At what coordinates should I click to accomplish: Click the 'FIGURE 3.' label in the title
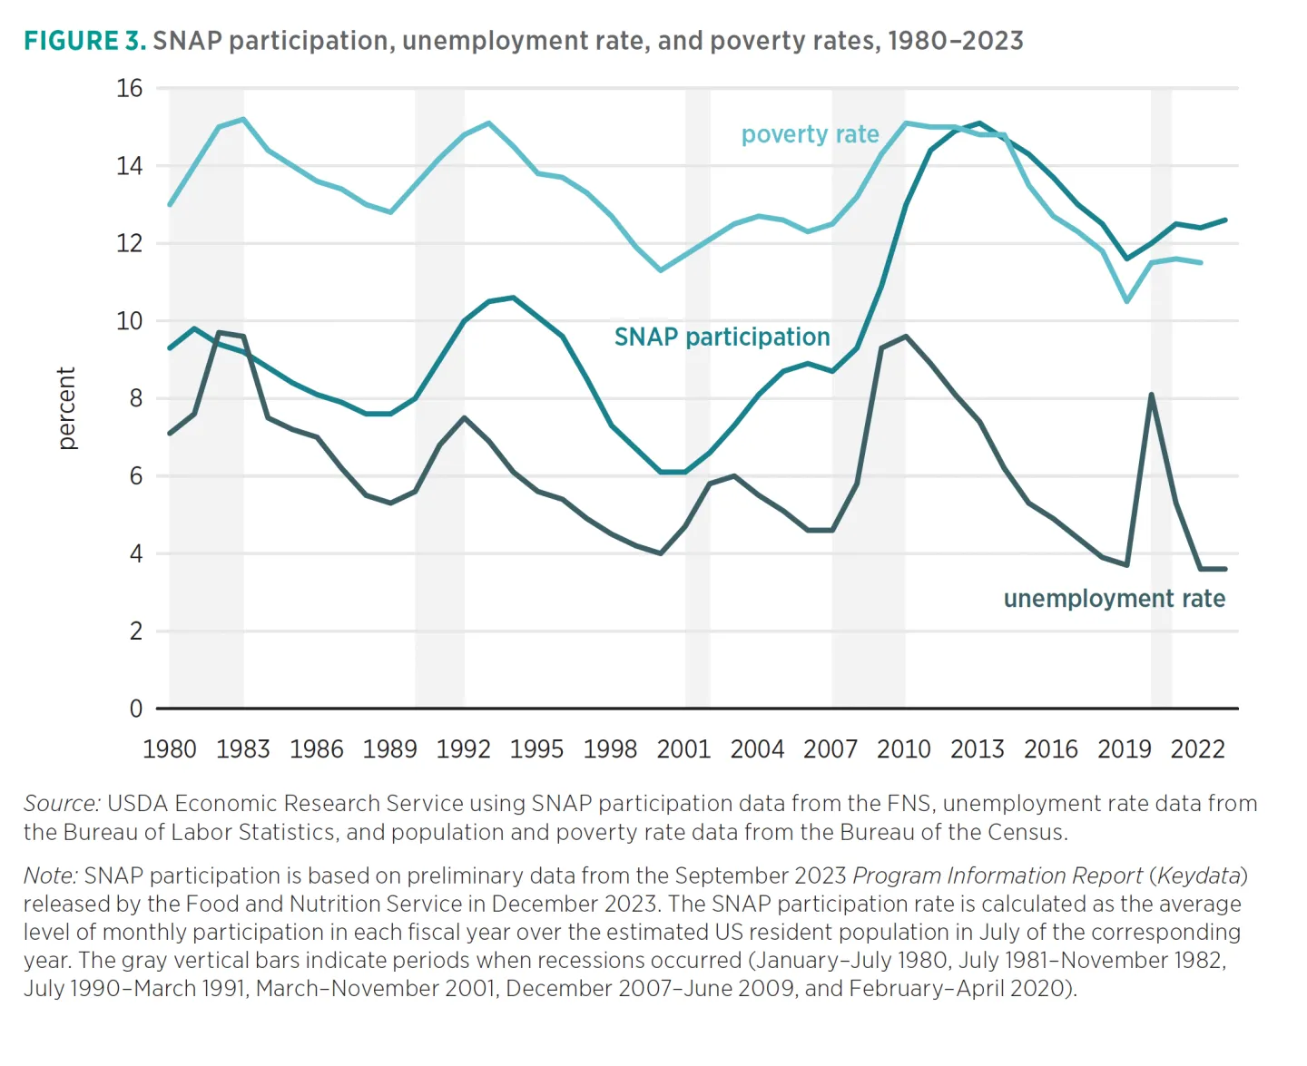click(x=84, y=41)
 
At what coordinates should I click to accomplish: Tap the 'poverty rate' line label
click(x=810, y=134)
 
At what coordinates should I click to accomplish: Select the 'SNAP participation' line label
click(x=722, y=337)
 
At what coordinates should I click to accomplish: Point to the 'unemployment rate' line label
click(x=1114, y=599)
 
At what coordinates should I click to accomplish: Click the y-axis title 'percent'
click(x=66, y=408)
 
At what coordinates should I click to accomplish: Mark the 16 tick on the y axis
click(x=130, y=88)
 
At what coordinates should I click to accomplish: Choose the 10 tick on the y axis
click(x=130, y=321)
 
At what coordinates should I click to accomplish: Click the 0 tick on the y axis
click(x=136, y=709)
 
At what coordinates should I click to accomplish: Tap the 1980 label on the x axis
click(x=170, y=749)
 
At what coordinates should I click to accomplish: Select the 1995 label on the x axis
click(x=536, y=749)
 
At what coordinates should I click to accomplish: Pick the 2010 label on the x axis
click(x=904, y=749)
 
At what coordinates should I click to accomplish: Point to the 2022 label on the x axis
click(x=1197, y=749)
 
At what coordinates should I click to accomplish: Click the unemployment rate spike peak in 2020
click(x=1151, y=395)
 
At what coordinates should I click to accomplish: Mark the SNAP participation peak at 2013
click(x=978, y=122)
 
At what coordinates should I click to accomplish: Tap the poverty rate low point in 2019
click(x=1126, y=301)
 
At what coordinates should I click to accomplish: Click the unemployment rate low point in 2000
click(x=661, y=553)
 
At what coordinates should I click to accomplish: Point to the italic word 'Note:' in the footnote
click(x=51, y=875)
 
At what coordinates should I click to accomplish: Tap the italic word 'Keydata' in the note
click(x=1198, y=875)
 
